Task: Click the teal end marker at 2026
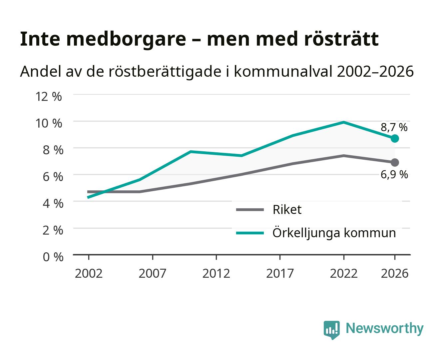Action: (x=394, y=138)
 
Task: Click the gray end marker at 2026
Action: (x=394, y=162)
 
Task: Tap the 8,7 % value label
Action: (x=394, y=127)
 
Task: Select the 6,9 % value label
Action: (x=394, y=174)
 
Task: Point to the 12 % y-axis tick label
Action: (x=49, y=97)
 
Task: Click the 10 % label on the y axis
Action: (x=49, y=123)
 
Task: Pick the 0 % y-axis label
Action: (x=53, y=257)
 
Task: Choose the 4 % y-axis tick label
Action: (x=53, y=203)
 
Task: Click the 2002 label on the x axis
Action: (x=89, y=273)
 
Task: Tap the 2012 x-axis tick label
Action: (x=216, y=273)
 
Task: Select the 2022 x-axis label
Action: (x=344, y=273)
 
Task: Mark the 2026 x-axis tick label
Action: (x=394, y=273)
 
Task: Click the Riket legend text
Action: (x=287, y=209)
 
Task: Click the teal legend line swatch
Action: (x=250, y=233)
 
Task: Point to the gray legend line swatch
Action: (x=250, y=210)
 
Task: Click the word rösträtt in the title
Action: (x=341, y=39)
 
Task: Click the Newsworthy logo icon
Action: (x=331, y=330)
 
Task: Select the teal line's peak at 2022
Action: (x=344, y=122)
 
